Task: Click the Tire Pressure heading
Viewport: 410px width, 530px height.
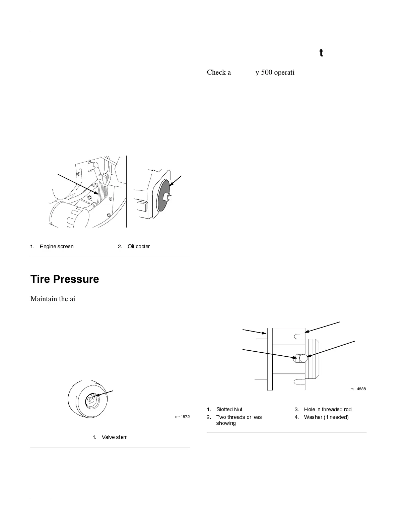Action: (x=65, y=279)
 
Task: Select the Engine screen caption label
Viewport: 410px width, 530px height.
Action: (x=57, y=247)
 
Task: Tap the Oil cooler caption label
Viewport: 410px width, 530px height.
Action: (x=139, y=247)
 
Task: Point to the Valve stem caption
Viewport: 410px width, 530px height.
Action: (x=115, y=437)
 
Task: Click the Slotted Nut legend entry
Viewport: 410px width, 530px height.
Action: (x=229, y=410)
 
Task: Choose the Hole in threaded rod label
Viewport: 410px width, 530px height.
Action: (x=328, y=410)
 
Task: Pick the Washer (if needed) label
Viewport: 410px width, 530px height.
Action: (x=326, y=417)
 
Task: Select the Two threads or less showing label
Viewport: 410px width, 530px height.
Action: (x=239, y=420)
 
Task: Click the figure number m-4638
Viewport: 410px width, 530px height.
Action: (x=358, y=389)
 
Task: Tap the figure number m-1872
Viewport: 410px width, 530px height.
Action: (x=183, y=417)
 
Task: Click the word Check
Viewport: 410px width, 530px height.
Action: (x=216, y=72)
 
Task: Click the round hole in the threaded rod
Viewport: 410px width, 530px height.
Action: (x=303, y=358)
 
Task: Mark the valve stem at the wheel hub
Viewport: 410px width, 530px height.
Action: (x=91, y=399)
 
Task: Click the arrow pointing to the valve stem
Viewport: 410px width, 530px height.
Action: (x=105, y=393)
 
